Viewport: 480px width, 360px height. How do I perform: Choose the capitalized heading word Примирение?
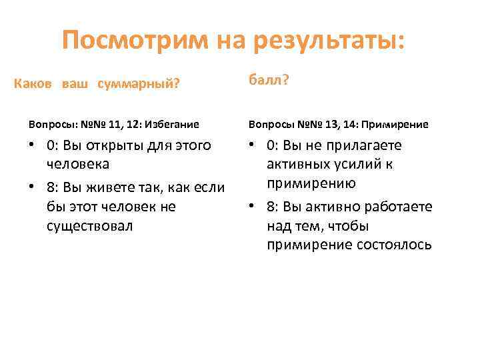[x=397, y=124]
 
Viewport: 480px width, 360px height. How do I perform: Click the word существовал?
[x=90, y=226]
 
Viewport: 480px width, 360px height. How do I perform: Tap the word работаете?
[x=398, y=207]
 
